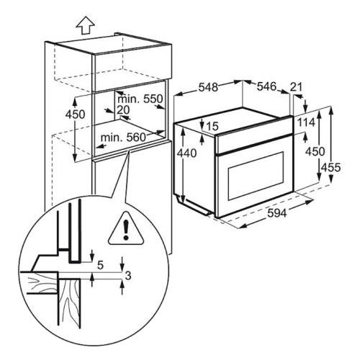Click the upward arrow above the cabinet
tap(85, 25)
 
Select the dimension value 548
tap(208, 87)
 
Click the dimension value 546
tap(266, 86)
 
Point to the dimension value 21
tap(296, 87)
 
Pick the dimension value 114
tap(306, 122)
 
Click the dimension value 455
tap(330, 167)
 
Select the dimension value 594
tap(276, 212)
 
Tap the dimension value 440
tap(186, 153)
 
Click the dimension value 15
tap(212, 126)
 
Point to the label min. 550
tap(140, 99)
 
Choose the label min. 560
tap(123, 138)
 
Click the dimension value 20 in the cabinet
tap(123, 110)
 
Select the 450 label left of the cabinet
tap(75, 114)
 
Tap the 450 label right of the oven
tap(315, 151)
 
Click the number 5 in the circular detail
tap(100, 265)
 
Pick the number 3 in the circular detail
tap(128, 276)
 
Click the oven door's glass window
tap(256, 176)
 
